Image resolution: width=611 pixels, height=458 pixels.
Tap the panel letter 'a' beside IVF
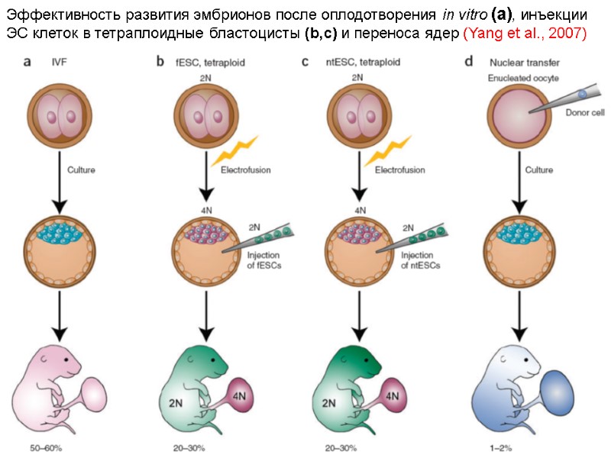coord(27,63)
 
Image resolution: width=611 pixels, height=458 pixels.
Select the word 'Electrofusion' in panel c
coord(399,170)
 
